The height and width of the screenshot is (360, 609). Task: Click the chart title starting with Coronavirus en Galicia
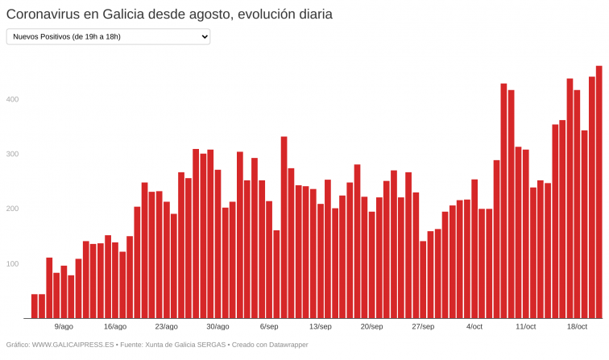[169, 14]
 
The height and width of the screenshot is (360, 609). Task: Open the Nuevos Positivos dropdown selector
[107, 37]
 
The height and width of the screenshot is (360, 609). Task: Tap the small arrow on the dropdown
[204, 37]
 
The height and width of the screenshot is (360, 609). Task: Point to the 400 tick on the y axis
[15, 99]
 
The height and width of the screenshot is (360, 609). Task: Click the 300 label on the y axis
[15, 154]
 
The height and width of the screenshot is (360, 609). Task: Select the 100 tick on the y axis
[15, 263]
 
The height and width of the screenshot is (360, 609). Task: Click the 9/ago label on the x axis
[64, 326]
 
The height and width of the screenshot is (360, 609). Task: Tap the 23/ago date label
[166, 326]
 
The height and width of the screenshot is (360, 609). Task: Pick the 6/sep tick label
[269, 326]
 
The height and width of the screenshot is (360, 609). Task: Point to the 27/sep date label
[423, 326]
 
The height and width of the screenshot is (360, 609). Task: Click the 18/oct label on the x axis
[577, 326]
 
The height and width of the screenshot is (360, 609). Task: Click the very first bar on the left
[35, 306]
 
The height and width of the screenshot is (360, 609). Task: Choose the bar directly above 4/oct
[474, 249]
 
